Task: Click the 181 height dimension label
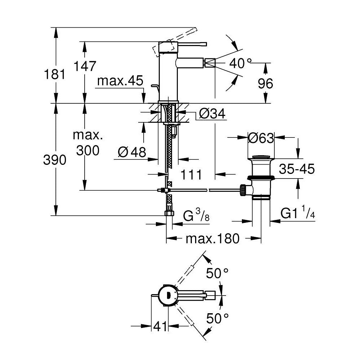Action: tap(55, 75)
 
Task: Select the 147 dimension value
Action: tap(85, 66)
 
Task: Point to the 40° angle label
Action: tap(240, 64)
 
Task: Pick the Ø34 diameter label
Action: tap(212, 114)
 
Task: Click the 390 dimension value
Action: tap(55, 159)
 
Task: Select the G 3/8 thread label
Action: tap(196, 216)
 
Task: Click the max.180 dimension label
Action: tap(212, 238)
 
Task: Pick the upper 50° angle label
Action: tap(217, 274)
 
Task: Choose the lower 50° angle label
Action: tap(217, 318)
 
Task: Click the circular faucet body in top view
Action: tap(168, 295)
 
